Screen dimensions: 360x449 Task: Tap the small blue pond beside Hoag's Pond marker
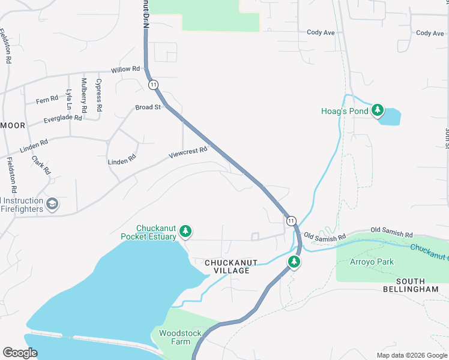390,116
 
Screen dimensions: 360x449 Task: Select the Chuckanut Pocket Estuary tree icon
185,231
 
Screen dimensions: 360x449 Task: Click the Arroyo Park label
373,262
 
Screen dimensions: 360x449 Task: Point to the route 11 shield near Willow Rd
154,85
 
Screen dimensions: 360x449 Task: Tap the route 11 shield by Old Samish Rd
291,221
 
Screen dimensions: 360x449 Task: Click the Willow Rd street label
125,70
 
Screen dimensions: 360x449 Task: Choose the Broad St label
148,107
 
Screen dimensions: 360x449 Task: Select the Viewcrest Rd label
188,153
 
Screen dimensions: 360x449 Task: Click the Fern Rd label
47,99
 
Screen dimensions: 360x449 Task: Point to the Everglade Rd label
62,119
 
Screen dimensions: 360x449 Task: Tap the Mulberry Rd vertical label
84,95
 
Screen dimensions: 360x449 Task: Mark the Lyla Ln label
69,100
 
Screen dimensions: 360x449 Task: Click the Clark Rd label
41,166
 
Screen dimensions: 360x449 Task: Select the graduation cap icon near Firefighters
52,205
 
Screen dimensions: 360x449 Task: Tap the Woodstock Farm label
175,337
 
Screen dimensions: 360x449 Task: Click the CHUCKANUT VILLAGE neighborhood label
227,267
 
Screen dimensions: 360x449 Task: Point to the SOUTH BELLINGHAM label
411,285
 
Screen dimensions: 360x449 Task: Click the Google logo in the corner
20,353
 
